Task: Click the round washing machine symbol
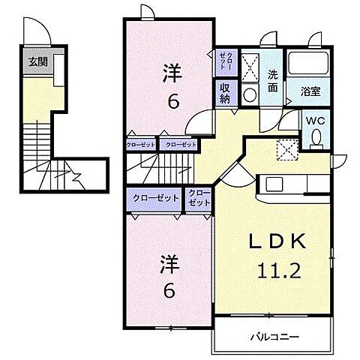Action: point(250,93)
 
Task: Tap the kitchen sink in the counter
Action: point(272,184)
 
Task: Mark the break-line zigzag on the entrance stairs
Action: point(78,178)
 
